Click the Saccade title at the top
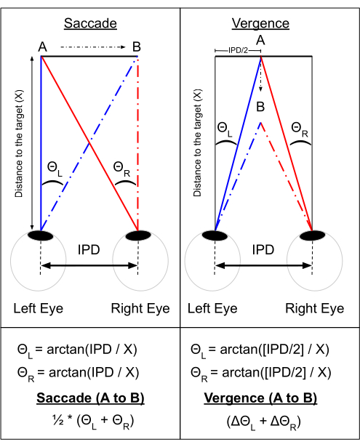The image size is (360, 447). [x=90, y=23]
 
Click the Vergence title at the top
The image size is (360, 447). [x=260, y=24]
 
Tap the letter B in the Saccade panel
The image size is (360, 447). [x=137, y=47]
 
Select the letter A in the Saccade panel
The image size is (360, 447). [x=42, y=47]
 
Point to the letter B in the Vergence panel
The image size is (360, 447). [x=260, y=107]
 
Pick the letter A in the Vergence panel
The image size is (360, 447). [x=260, y=40]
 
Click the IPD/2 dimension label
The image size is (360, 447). [x=239, y=51]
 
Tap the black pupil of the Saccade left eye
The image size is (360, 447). [x=41, y=235]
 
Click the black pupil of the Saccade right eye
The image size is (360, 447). [x=138, y=235]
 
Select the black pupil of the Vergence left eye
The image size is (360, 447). [x=215, y=235]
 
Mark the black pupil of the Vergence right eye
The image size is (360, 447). [x=312, y=235]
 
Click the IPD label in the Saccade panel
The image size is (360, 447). [x=89, y=250]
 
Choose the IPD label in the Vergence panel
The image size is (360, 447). [x=263, y=250]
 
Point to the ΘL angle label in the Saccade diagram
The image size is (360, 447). [x=55, y=169]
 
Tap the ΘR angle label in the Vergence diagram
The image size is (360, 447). [x=300, y=129]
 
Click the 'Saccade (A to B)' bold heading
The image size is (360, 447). [x=90, y=398]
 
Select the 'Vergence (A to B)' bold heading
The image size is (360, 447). [x=260, y=398]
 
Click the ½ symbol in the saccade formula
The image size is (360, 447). [x=58, y=420]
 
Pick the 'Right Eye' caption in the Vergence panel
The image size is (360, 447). [x=315, y=308]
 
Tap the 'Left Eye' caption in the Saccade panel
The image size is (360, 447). [x=39, y=308]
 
